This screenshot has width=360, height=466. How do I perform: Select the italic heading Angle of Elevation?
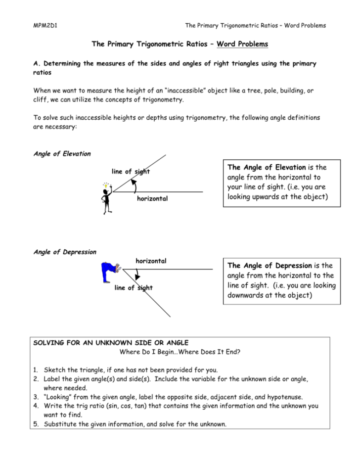pyautogui.click(x=62, y=154)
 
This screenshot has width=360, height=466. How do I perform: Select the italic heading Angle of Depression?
pyautogui.click(x=64, y=252)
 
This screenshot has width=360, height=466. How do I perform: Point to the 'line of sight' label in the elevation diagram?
pyautogui.click(x=131, y=172)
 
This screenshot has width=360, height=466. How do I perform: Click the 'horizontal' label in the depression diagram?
pyautogui.click(x=150, y=261)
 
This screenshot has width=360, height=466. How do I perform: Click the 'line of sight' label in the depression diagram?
pyautogui.click(x=134, y=287)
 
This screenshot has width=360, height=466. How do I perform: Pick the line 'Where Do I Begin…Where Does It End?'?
pyautogui.click(x=180, y=352)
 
